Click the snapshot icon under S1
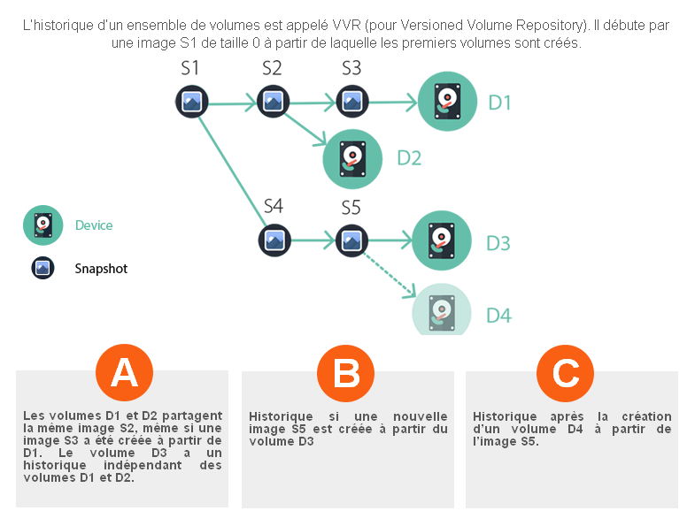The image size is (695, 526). tap(191, 102)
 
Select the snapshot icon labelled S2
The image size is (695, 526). tap(273, 102)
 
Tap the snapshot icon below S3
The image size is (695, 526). tap(352, 102)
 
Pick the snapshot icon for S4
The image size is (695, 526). tap(274, 239)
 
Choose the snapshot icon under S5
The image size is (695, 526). tap(351, 239)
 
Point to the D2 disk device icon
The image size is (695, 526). tap(352, 159)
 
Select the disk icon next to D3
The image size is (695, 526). tap(442, 240)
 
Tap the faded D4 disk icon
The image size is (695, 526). tap(441, 310)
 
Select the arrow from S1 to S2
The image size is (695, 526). tap(232, 103)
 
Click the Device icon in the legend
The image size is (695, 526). tap(42, 225)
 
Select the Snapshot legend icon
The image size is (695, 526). tap(42, 268)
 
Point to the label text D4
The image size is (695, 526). tap(498, 315)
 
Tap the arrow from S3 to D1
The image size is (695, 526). tap(392, 103)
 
